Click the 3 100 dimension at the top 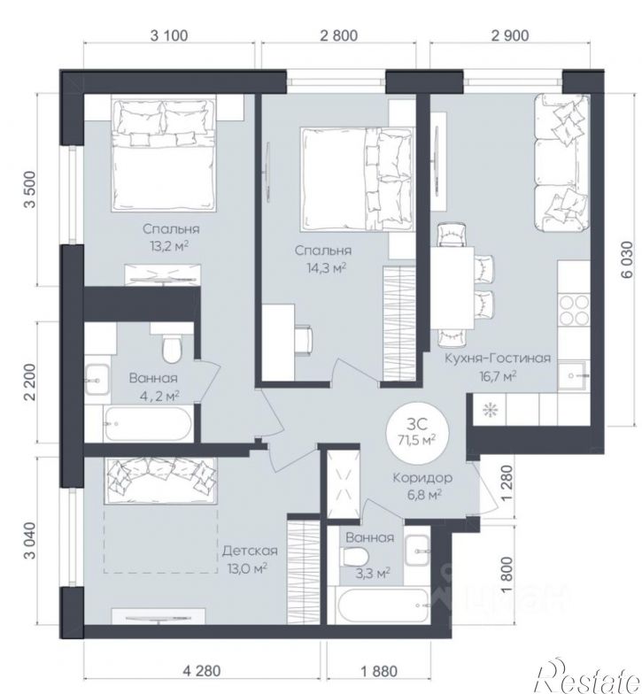[168, 35]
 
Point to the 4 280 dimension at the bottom [201, 671]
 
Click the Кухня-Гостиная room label [498, 358]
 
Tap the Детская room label [250, 551]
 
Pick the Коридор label [422, 478]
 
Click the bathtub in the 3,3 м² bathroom [383, 605]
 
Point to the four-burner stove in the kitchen [574, 310]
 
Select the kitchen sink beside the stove [574, 375]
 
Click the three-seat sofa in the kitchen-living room [562, 162]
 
